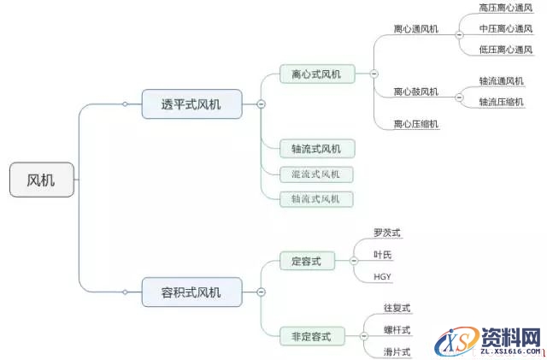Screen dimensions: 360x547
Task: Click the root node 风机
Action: [x=41, y=180]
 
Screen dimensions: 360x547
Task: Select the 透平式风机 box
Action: [x=191, y=104]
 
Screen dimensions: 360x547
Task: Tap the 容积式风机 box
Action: [x=191, y=292]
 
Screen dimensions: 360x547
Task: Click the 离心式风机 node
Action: [x=316, y=74]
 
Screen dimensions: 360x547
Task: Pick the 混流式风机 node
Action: [x=316, y=174]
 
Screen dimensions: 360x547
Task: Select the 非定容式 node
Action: [x=312, y=336]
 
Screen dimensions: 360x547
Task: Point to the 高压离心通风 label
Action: [x=505, y=8]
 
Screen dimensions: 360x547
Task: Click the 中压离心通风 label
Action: [x=505, y=28]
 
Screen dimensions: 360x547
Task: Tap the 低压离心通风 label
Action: [x=505, y=50]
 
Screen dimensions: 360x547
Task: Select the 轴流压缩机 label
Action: [x=502, y=102]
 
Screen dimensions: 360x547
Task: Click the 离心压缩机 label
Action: [x=416, y=124]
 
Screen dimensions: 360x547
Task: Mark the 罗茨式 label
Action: [x=387, y=233]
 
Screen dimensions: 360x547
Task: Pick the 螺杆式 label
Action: [x=397, y=329]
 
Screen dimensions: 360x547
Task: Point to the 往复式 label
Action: [x=397, y=307]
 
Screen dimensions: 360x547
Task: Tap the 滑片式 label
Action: [x=397, y=351]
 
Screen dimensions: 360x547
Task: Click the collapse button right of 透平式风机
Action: [x=261, y=103]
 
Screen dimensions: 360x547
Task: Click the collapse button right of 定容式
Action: [x=354, y=261]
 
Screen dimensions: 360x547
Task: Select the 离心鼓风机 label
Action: [x=416, y=91]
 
